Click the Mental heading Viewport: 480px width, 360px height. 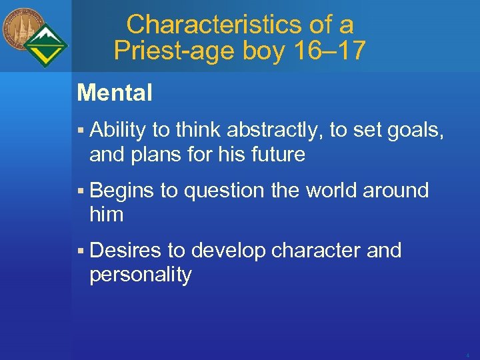pyautogui.click(x=115, y=93)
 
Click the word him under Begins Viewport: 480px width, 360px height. pyautogui.click(x=107, y=215)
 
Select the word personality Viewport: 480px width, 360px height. pyautogui.click(x=141, y=275)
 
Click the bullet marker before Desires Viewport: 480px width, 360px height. pyautogui.click(x=80, y=251)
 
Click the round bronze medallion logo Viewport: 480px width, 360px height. pyautogui.click(x=22, y=28)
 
